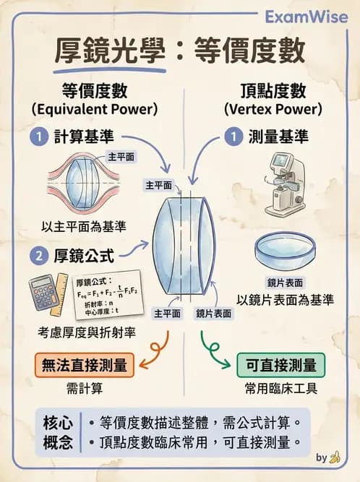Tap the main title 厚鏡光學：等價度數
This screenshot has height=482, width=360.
pyautogui.click(x=180, y=51)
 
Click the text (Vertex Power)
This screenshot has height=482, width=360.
pyautogui.click(x=272, y=109)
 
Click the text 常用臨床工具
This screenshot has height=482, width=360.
pyautogui.click(x=281, y=388)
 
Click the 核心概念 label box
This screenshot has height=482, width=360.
pyautogui.click(x=56, y=431)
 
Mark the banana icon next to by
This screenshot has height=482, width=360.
pyautogui.click(x=335, y=457)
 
